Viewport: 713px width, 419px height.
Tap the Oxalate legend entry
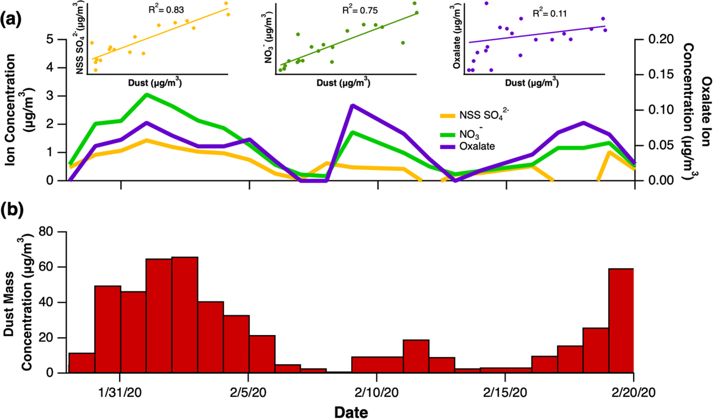coord(473,146)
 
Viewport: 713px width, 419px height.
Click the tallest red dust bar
coord(185,314)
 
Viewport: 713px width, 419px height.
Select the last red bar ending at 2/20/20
coord(621,320)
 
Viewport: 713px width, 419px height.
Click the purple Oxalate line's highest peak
coord(352,105)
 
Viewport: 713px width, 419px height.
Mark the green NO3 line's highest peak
coord(146,94)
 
